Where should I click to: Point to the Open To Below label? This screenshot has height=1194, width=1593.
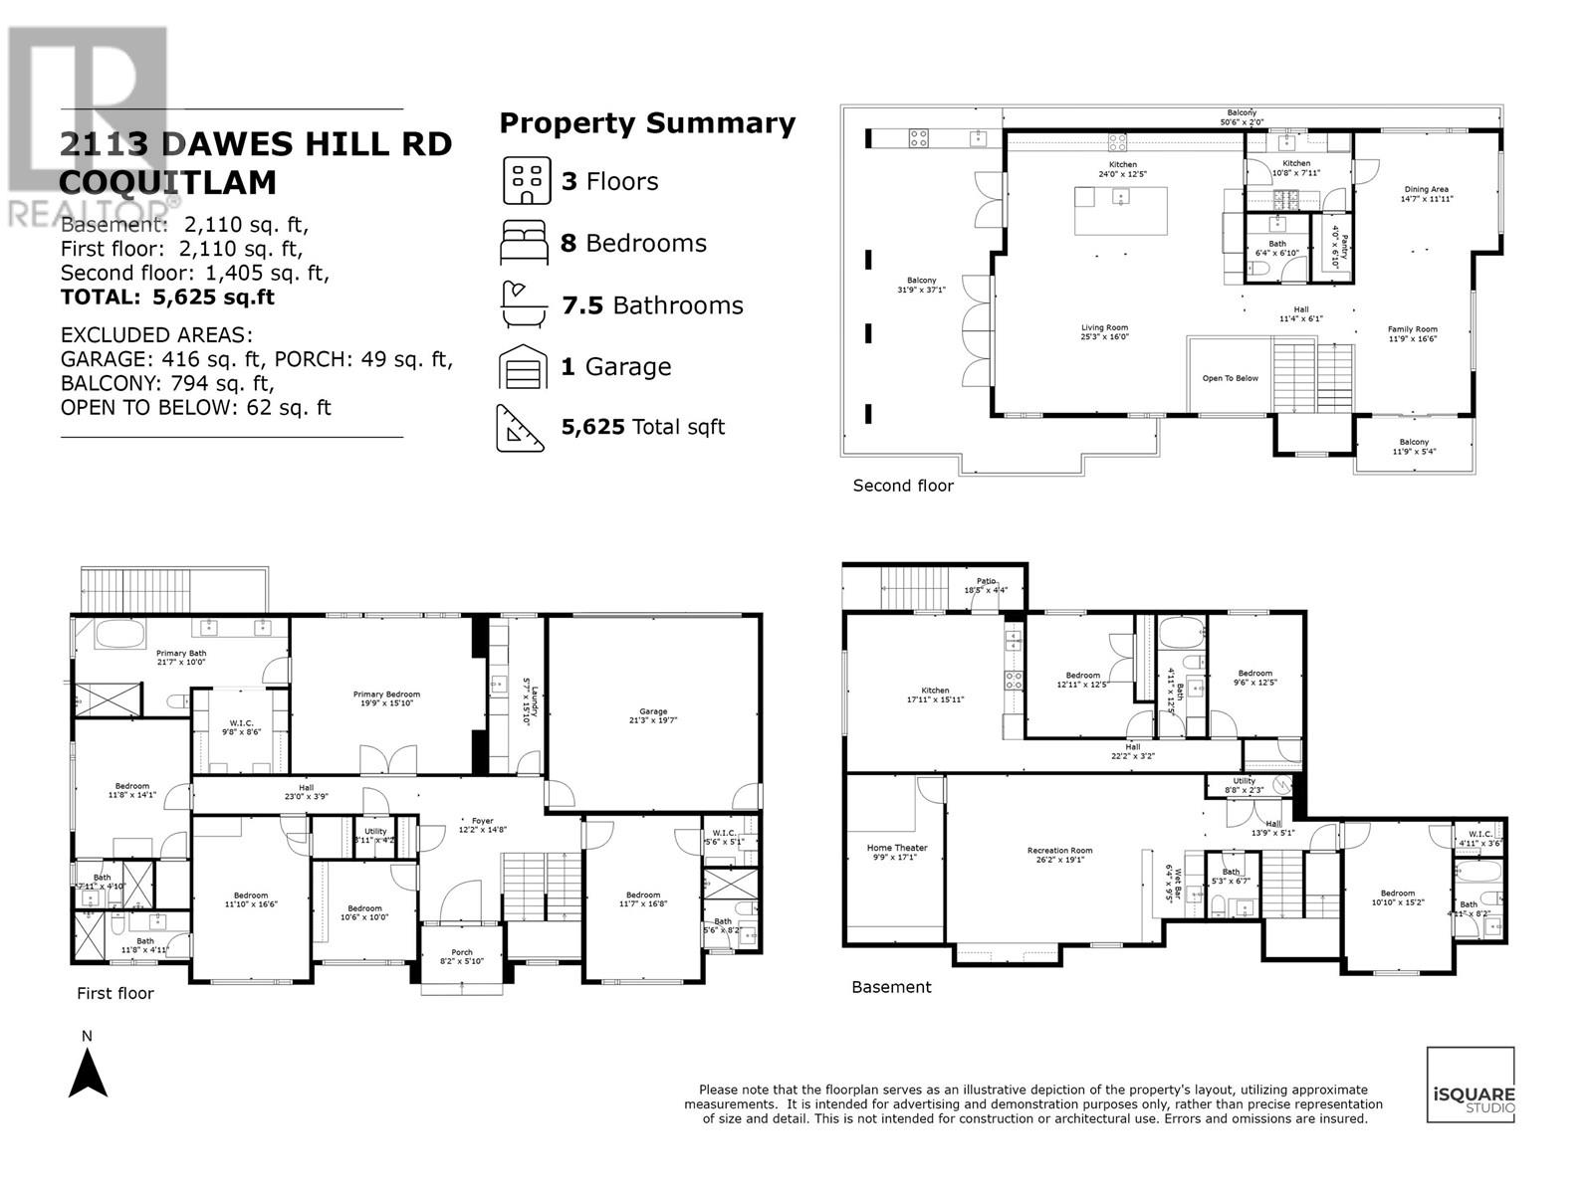[x=1231, y=378]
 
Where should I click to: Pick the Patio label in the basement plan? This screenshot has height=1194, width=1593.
[x=986, y=585]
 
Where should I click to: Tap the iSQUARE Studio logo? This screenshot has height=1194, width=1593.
[x=1471, y=1086]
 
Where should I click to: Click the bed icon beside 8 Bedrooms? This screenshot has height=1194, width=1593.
[x=524, y=243]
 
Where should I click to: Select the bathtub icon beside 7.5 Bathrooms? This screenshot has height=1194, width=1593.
[x=524, y=304]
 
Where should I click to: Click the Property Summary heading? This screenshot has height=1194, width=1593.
[x=647, y=123]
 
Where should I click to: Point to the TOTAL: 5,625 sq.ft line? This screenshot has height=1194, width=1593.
[x=167, y=297]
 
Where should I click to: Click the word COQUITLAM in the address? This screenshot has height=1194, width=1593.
[x=168, y=183]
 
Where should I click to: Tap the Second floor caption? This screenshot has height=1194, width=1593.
[x=903, y=486]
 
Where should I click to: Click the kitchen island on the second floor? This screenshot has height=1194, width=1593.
[x=1120, y=210]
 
